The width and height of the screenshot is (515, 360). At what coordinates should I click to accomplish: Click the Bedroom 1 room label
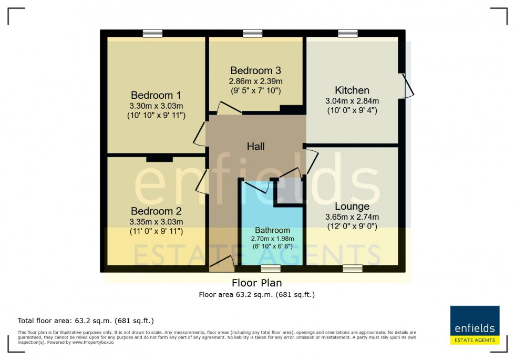[x=156, y=95]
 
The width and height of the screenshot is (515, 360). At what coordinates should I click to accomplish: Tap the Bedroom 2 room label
[x=156, y=211]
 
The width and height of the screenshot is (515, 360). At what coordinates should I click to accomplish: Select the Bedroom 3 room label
[x=255, y=70]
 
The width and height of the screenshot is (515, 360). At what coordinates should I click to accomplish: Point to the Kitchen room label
[x=352, y=90]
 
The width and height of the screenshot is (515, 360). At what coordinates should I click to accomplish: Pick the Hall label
[x=256, y=147]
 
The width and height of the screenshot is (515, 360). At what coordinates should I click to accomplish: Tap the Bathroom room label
[x=272, y=230]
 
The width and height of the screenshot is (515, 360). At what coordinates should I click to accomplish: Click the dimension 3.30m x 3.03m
[x=156, y=106]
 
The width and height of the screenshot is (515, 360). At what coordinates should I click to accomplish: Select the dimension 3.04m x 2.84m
[x=352, y=101]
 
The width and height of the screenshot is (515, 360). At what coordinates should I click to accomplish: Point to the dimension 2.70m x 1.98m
[x=272, y=239]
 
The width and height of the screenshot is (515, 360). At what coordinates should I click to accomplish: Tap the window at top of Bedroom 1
[x=152, y=34]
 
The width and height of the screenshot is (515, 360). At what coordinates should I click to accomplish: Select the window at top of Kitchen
[x=347, y=34]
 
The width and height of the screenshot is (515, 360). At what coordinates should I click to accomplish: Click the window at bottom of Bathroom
[x=271, y=269]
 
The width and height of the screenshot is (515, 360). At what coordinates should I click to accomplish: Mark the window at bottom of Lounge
[x=352, y=269]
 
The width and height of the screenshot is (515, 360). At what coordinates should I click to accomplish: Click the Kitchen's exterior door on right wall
[x=408, y=86]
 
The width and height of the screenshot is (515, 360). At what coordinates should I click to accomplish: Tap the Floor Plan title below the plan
[x=256, y=283]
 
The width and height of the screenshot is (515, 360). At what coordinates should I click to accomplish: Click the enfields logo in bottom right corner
[x=475, y=325]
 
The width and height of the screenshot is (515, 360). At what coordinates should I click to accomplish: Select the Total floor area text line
[x=86, y=321]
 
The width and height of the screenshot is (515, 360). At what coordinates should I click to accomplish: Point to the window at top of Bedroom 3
[x=253, y=34]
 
